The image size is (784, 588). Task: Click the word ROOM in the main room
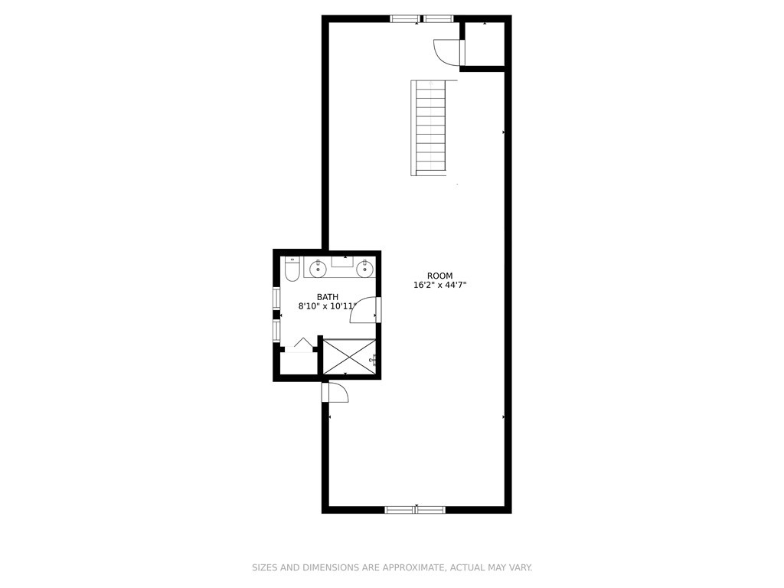pos(439,276)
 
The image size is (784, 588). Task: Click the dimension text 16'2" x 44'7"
pos(439,286)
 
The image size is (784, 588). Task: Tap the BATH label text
pos(328,297)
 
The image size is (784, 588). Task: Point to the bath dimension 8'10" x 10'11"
pos(327,306)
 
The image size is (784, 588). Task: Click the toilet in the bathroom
pos(292,269)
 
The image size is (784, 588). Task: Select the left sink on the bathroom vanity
pos(318,268)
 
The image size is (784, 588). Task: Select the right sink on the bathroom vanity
pos(365,268)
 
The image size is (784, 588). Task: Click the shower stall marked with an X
pos(349,357)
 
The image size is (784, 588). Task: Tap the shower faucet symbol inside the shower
pos(372,360)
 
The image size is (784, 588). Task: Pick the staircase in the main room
pos(430,127)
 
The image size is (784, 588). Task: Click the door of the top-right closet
pos(447,53)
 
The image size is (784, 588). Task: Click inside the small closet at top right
pos(485,44)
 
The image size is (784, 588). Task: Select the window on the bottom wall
pos(415,509)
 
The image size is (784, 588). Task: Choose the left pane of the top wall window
pos(404,18)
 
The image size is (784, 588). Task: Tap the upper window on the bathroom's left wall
pos(276,298)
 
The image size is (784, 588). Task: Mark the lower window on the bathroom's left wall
pos(276,331)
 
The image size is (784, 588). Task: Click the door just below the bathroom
pos(335,393)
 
